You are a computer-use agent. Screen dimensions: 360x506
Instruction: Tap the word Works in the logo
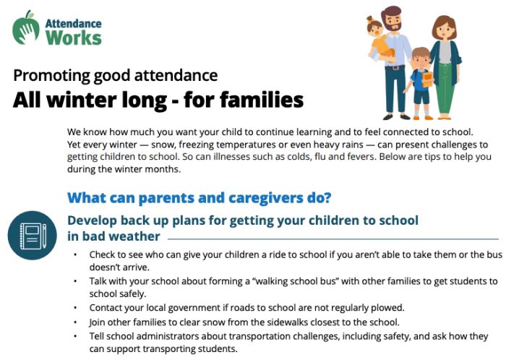click(73, 36)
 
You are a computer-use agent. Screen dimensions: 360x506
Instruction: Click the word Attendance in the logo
click(74, 21)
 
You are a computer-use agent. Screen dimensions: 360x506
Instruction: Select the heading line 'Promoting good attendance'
click(116, 75)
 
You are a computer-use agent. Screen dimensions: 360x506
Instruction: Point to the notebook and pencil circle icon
click(32, 234)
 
